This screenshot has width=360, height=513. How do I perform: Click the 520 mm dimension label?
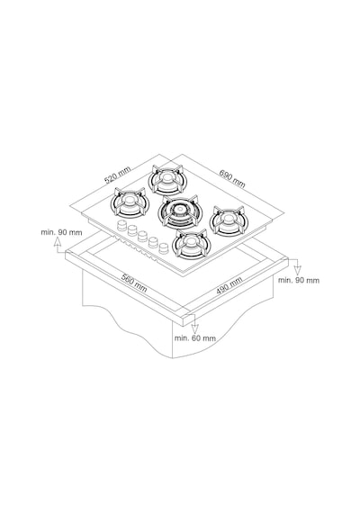pyautogui.click(x=117, y=175)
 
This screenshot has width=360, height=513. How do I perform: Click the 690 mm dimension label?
pyautogui.click(x=232, y=178)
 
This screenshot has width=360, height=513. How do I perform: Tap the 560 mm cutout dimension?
pyautogui.click(x=134, y=283)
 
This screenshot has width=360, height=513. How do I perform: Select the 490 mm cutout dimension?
pyautogui.click(x=229, y=285)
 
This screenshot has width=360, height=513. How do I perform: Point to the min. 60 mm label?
pyautogui.click(x=195, y=338)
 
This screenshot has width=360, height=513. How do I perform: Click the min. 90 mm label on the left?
pyautogui.click(x=61, y=232)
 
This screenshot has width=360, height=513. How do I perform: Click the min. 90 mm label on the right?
pyautogui.click(x=299, y=280)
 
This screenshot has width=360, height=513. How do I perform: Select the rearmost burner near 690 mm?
pyautogui.click(x=166, y=180)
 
